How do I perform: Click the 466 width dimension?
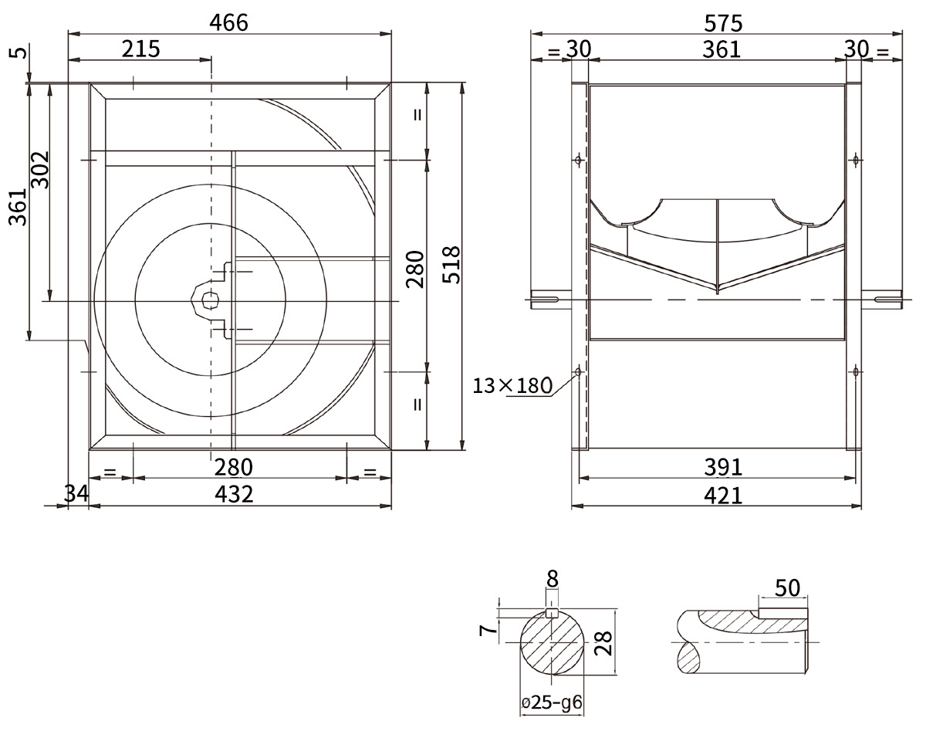(228, 23)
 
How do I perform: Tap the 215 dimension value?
(140, 49)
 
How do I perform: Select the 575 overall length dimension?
(723, 23)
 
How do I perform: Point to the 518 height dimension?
(452, 265)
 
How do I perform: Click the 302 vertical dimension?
(42, 170)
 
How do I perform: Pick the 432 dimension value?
(234, 494)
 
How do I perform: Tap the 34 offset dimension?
(76, 493)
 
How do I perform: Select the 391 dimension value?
(723, 467)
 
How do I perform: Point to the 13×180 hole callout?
(512, 386)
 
